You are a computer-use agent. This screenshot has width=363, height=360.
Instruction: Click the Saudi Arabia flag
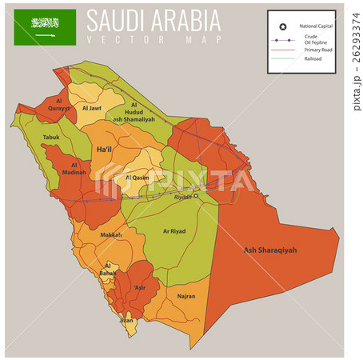pos(45,26)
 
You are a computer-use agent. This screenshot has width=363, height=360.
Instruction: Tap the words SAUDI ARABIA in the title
pos(154,20)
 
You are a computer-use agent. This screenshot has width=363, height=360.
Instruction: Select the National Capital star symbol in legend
pos(282,26)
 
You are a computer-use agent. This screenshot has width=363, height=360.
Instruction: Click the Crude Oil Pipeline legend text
pos(312,39)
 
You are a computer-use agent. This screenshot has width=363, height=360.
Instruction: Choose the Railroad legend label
pos(311,58)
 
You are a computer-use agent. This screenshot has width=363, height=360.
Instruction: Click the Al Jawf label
pos(91,108)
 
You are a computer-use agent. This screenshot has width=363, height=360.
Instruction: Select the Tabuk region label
pos(50,137)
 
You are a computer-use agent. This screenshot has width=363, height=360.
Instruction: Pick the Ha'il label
pos(104,150)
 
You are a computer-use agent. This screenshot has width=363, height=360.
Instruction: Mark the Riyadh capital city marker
pos(195,195)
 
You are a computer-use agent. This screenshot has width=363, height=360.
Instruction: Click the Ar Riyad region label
pos(175,231)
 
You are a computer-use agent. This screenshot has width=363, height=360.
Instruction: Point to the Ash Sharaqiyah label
pos(269,250)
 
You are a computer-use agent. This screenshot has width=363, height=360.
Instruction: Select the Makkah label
pos(111,235)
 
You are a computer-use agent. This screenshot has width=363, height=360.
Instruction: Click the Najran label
pos(185,296)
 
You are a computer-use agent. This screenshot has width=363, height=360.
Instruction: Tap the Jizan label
pos(126,320)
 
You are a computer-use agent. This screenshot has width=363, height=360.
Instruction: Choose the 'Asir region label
pos(140,287)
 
